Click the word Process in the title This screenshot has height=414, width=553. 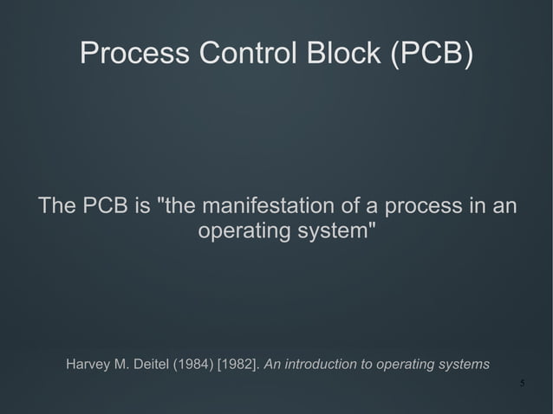point(134,54)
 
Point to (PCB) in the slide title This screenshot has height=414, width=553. point(432,54)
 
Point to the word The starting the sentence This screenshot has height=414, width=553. point(56,207)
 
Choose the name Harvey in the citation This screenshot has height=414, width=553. point(88,364)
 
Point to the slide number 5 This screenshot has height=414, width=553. point(522,384)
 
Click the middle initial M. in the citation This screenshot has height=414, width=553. point(122,364)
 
